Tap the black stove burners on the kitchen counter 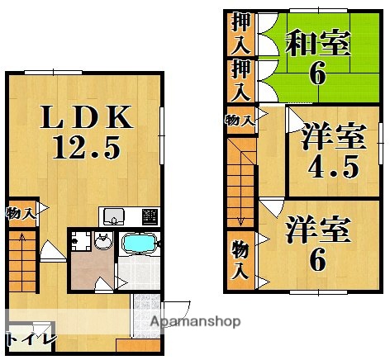[x=150, y=216]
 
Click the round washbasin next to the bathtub [x=102, y=242]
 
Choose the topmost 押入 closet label [x=240, y=32]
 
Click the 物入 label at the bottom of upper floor [x=240, y=259]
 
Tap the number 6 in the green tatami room [x=318, y=75]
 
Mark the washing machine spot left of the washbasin [x=79, y=241]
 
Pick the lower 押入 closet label [x=240, y=80]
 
